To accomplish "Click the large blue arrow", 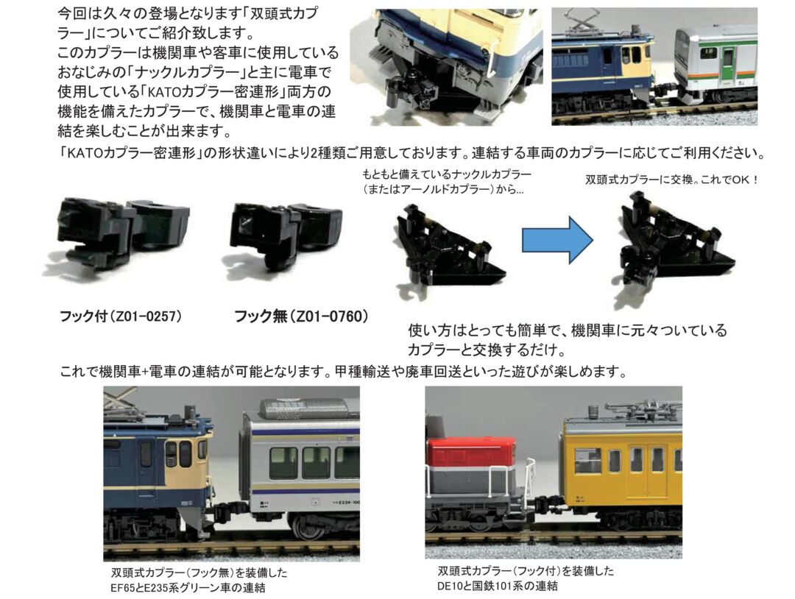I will pyautogui.click(x=556, y=238).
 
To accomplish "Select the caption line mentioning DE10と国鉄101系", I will pyautogui.click(x=498, y=586).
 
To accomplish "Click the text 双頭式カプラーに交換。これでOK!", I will pyautogui.click(x=671, y=179).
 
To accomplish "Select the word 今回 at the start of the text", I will pyautogui.click(x=73, y=15).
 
